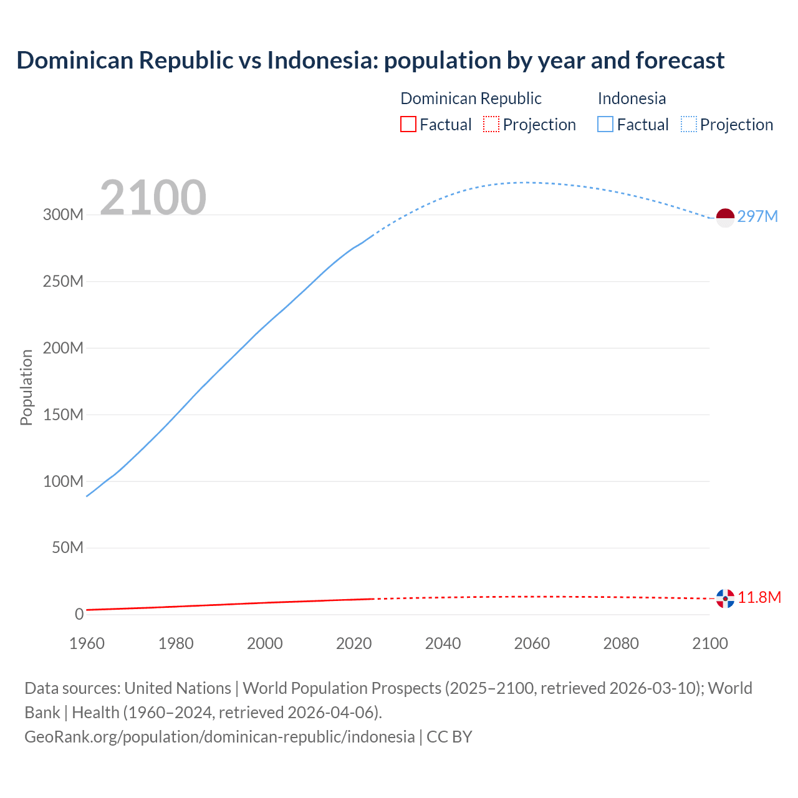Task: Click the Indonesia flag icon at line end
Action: tap(725, 218)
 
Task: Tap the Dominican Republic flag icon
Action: tap(725, 598)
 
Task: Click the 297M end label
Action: tap(757, 216)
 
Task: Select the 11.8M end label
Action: tap(759, 597)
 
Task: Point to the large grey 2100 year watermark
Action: tap(153, 197)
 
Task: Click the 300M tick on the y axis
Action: tap(63, 214)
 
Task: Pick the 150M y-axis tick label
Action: tap(63, 415)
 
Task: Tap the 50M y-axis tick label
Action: tap(67, 547)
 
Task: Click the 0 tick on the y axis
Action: tap(79, 614)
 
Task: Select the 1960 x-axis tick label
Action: tap(87, 643)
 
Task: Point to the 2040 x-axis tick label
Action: tap(443, 643)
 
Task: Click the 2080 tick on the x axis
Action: tap(621, 643)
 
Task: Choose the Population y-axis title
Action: tap(26, 387)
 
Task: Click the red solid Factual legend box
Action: tap(408, 125)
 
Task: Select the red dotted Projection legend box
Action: tap(491, 125)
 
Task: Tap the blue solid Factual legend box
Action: tap(605, 125)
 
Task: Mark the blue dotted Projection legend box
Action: tap(688, 125)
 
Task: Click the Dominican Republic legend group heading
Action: tap(471, 99)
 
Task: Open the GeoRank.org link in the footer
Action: tap(219, 736)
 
